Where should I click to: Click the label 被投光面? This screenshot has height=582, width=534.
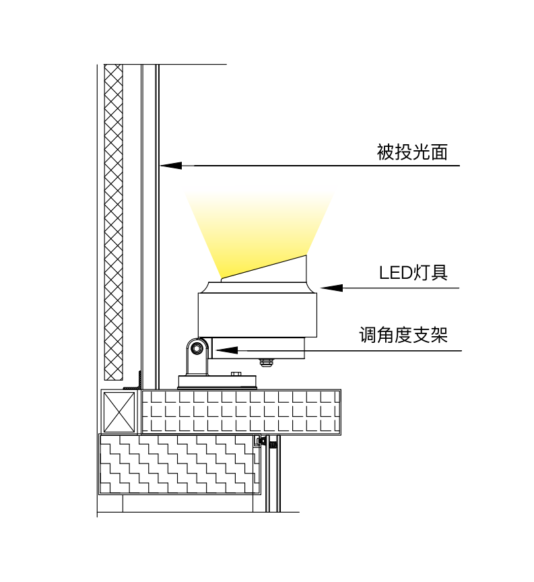[x=412, y=152]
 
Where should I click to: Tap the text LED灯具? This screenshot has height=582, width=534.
[x=413, y=273]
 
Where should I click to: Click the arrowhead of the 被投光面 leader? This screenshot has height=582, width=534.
[x=170, y=165]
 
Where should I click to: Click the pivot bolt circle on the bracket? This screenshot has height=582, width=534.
[x=197, y=348]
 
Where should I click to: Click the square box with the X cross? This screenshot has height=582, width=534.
[x=119, y=412]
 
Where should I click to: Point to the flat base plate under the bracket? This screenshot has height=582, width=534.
[x=218, y=382]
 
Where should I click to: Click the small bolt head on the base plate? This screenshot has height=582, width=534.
[x=236, y=374]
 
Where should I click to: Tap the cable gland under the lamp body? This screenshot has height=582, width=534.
[x=267, y=362]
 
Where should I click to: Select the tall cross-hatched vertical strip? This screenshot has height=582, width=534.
[x=114, y=222]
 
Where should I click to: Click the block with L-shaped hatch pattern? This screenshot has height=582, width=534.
[x=240, y=412]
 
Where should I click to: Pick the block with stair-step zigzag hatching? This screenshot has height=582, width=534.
[x=178, y=464]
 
